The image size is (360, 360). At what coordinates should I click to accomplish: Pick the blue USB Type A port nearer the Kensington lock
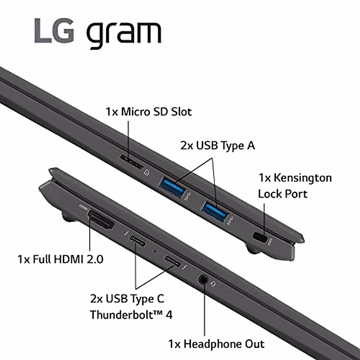pos(214,211)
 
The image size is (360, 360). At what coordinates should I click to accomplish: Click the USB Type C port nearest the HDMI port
pos(137,240)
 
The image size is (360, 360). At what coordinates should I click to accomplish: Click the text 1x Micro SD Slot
pos(148,112)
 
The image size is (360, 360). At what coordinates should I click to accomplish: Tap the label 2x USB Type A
pos(217,145)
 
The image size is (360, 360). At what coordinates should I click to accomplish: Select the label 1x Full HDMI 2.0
pos(60,259)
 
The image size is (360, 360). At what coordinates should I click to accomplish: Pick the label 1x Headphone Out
pos(216,344)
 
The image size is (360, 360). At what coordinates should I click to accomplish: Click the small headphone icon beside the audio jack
pos(213,283)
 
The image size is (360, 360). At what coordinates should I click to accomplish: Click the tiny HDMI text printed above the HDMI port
pos(83,207)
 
